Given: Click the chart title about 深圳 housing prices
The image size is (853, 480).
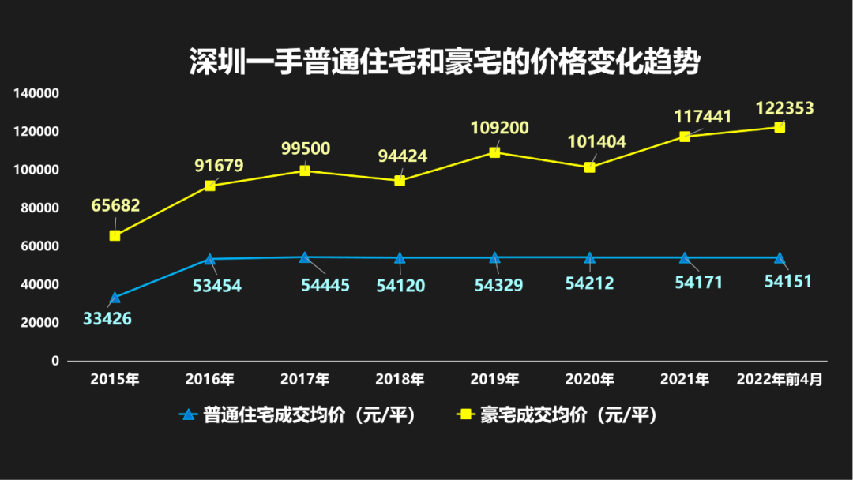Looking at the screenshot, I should (x=445, y=62).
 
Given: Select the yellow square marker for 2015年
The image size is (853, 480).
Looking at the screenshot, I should (x=115, y=235).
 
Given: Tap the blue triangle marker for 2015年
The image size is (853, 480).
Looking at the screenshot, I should (x=115, y=298).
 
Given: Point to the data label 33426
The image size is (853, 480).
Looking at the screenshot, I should (x=107, y=319).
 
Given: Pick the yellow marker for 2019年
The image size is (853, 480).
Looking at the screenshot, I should (x=494, y=152).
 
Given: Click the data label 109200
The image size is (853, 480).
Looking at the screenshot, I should (x=500, y=128).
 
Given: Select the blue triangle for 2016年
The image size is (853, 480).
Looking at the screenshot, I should (x=210, y=259).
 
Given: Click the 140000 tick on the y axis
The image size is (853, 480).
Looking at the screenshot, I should (x=37, y=93).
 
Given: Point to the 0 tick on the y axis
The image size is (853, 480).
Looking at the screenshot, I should (x=55, y=361).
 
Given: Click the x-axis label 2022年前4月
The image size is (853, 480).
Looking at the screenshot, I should (x=780, y=380).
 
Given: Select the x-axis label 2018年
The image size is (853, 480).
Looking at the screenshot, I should (x=400, y=380).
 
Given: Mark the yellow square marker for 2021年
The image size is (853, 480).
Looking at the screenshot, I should (x=685, y=137).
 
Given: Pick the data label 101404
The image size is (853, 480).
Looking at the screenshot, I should (x=597, y=142).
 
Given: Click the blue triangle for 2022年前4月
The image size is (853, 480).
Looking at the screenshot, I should (x=780, y=258).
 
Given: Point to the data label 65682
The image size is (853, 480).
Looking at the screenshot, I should (x=115, y=206).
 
